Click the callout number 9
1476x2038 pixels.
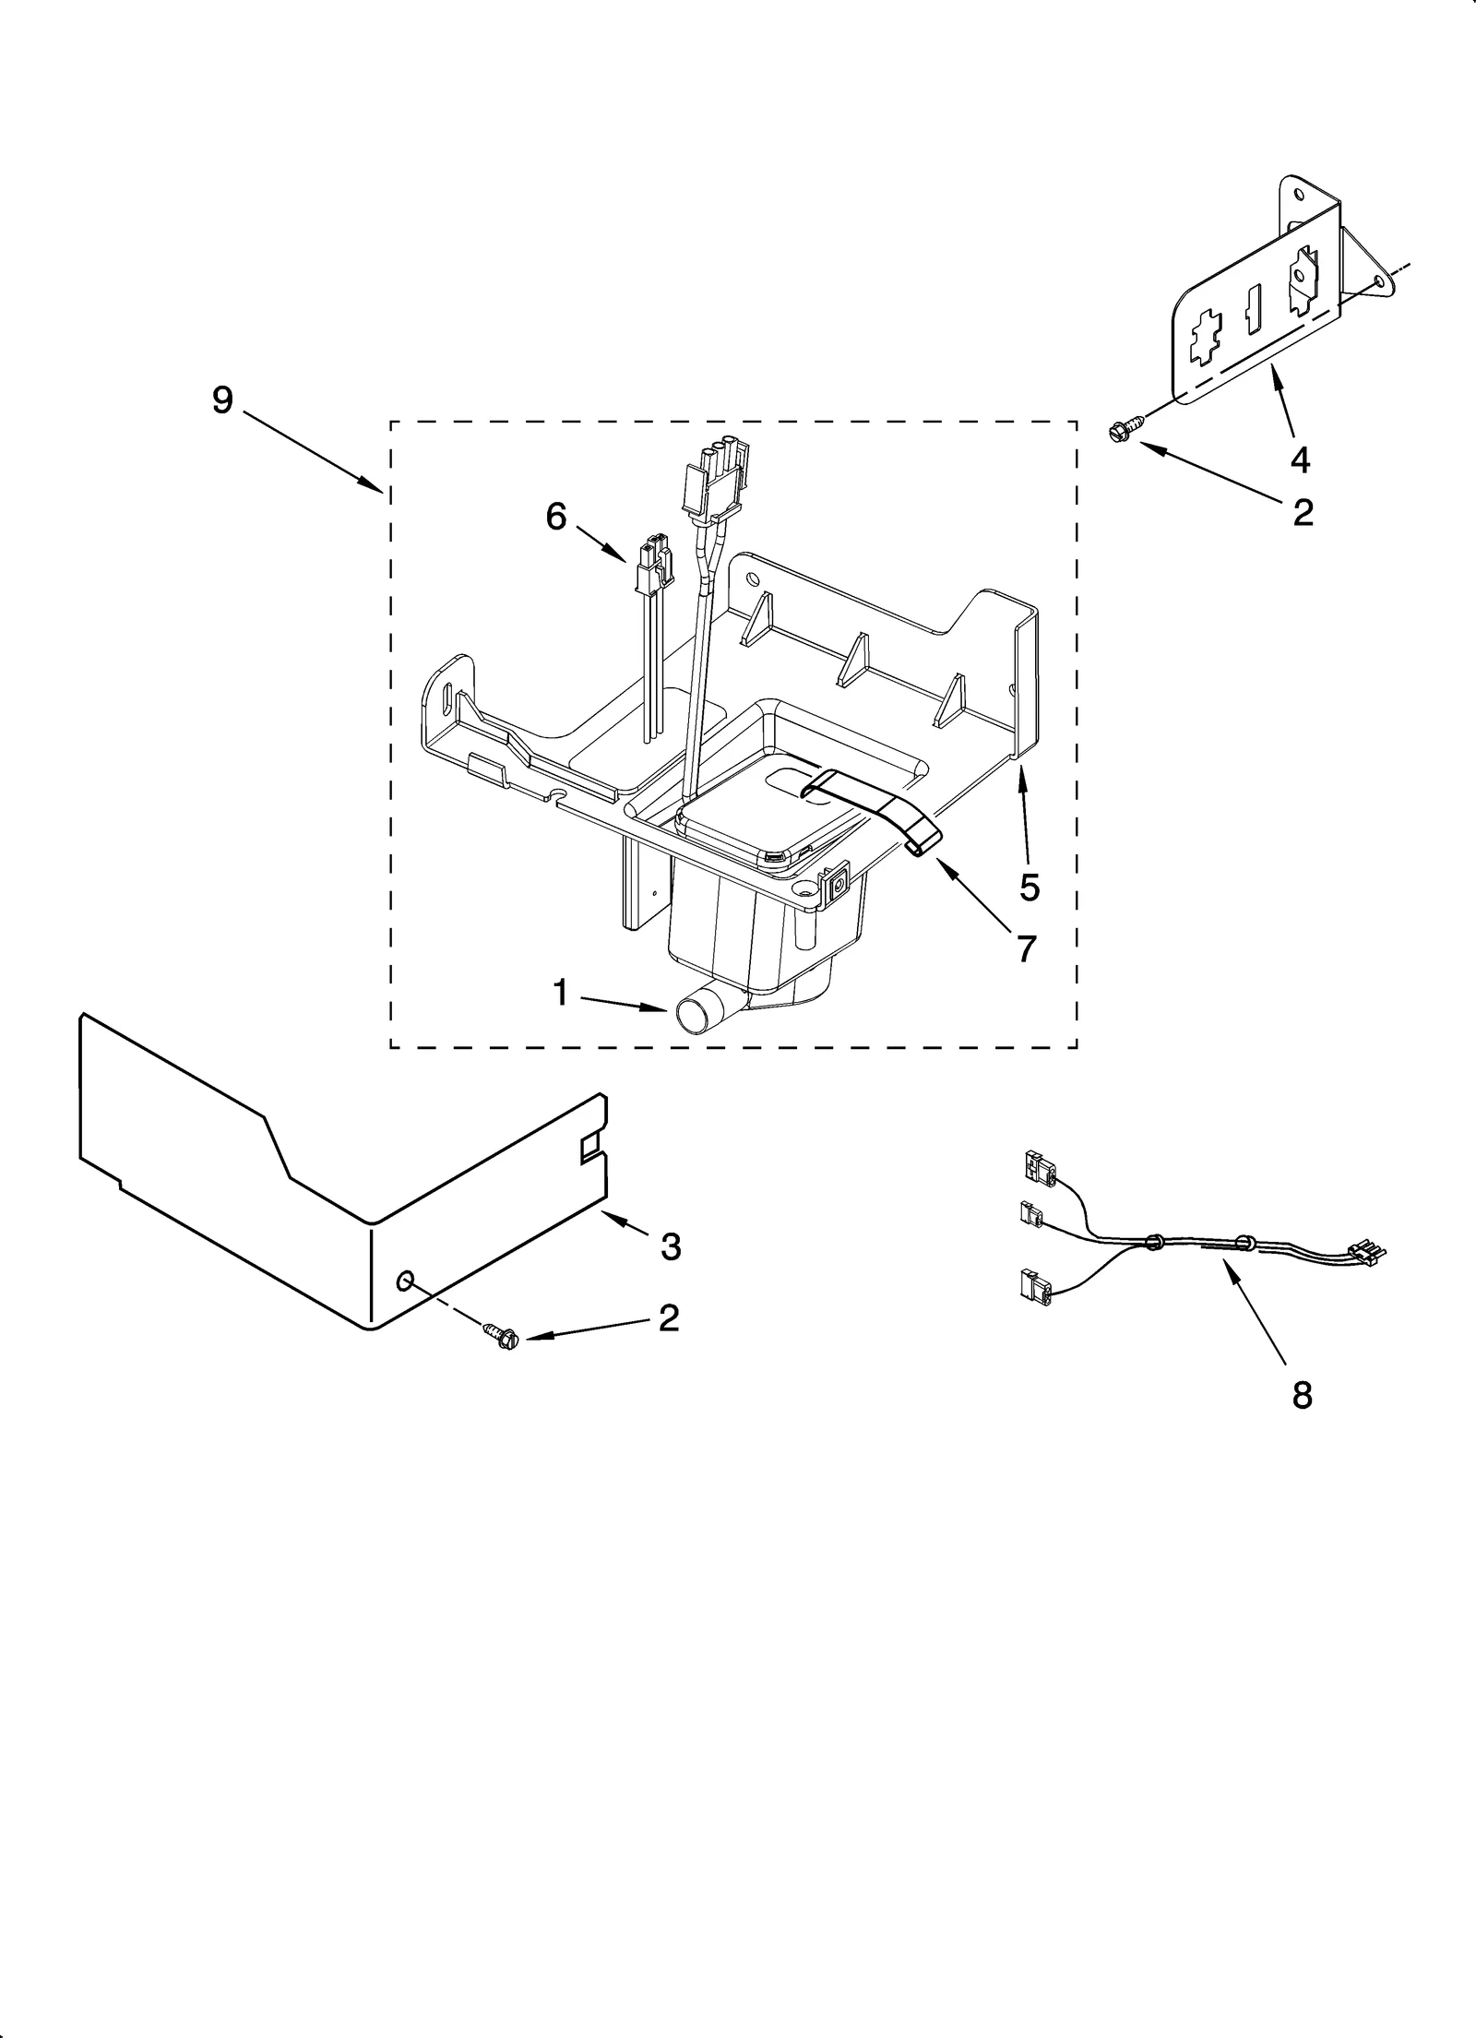click(222, 400)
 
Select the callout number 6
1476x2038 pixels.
click(555, 517)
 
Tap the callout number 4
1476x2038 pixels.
click(1300, 459)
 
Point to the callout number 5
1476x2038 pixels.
click(1030, 887)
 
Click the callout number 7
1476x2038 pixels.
click(1025, 947)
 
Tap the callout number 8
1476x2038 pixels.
click(1301, 1396)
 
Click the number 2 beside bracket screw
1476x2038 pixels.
click(1303, 513)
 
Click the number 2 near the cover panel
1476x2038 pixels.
click(668, 1317)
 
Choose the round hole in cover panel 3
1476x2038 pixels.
click(404, 1280)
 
